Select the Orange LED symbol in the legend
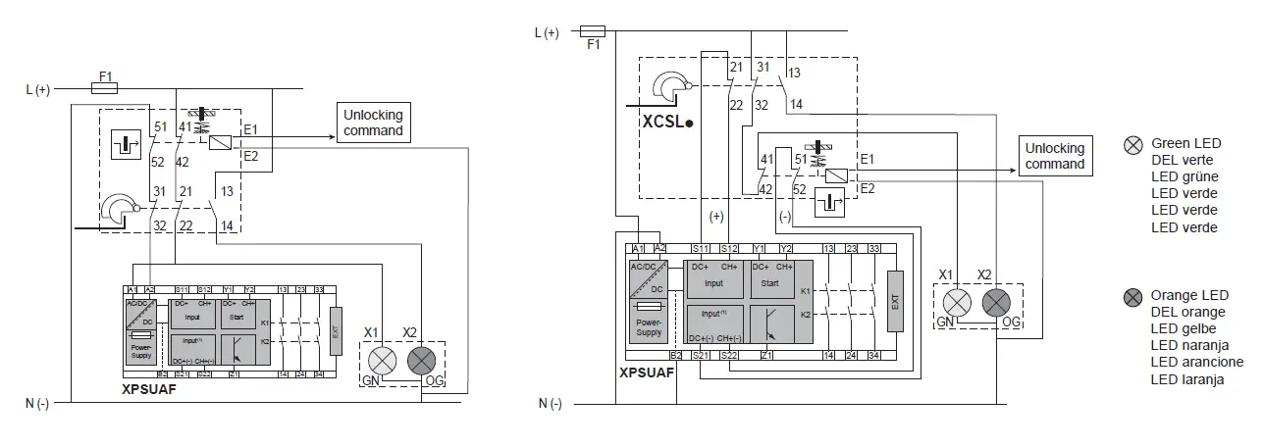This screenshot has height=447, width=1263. (x=1133, y=295)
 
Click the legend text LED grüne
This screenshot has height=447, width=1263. (x=1184, y=176)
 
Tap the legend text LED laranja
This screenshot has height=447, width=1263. (x=1187, y=379)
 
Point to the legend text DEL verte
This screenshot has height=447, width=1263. (x=1182, y=160)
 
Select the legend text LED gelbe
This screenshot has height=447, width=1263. (x=1184, y=328)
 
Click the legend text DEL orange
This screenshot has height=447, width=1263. (x=1187, y=312)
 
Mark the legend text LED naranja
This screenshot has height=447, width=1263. (x=1188, y=345)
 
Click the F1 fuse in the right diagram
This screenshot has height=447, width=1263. (x=593, y=31)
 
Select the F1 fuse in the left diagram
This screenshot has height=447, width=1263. (x=104, y=88)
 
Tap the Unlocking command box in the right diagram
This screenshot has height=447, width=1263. (x=1055, y=156)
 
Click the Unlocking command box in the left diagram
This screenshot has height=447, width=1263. (x=372, y=123)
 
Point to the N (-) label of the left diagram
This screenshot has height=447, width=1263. (x=38, y=403)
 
